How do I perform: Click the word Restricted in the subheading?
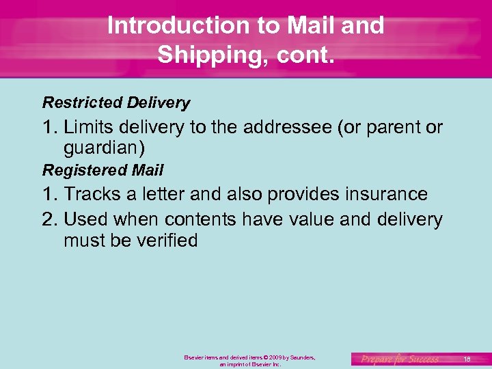click(x=82, y=102)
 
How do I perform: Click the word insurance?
click(x=386, y=194)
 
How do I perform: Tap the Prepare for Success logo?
click(x=400, y=359)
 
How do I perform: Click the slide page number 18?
click(x=467, y=359)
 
